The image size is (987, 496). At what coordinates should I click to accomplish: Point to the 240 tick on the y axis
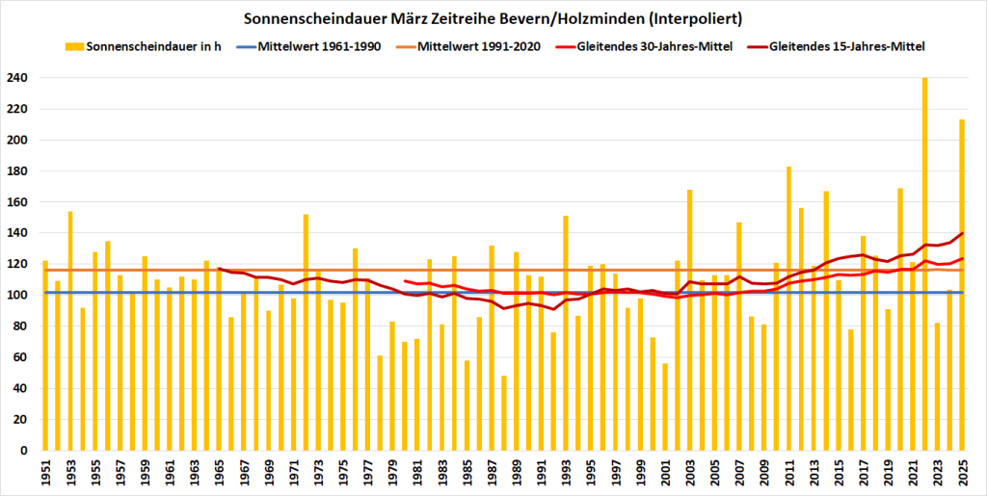tap(19, 78)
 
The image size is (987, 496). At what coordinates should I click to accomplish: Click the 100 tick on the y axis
tap(19, 296)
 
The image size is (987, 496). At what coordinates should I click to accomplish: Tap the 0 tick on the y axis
tap(26, 451)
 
